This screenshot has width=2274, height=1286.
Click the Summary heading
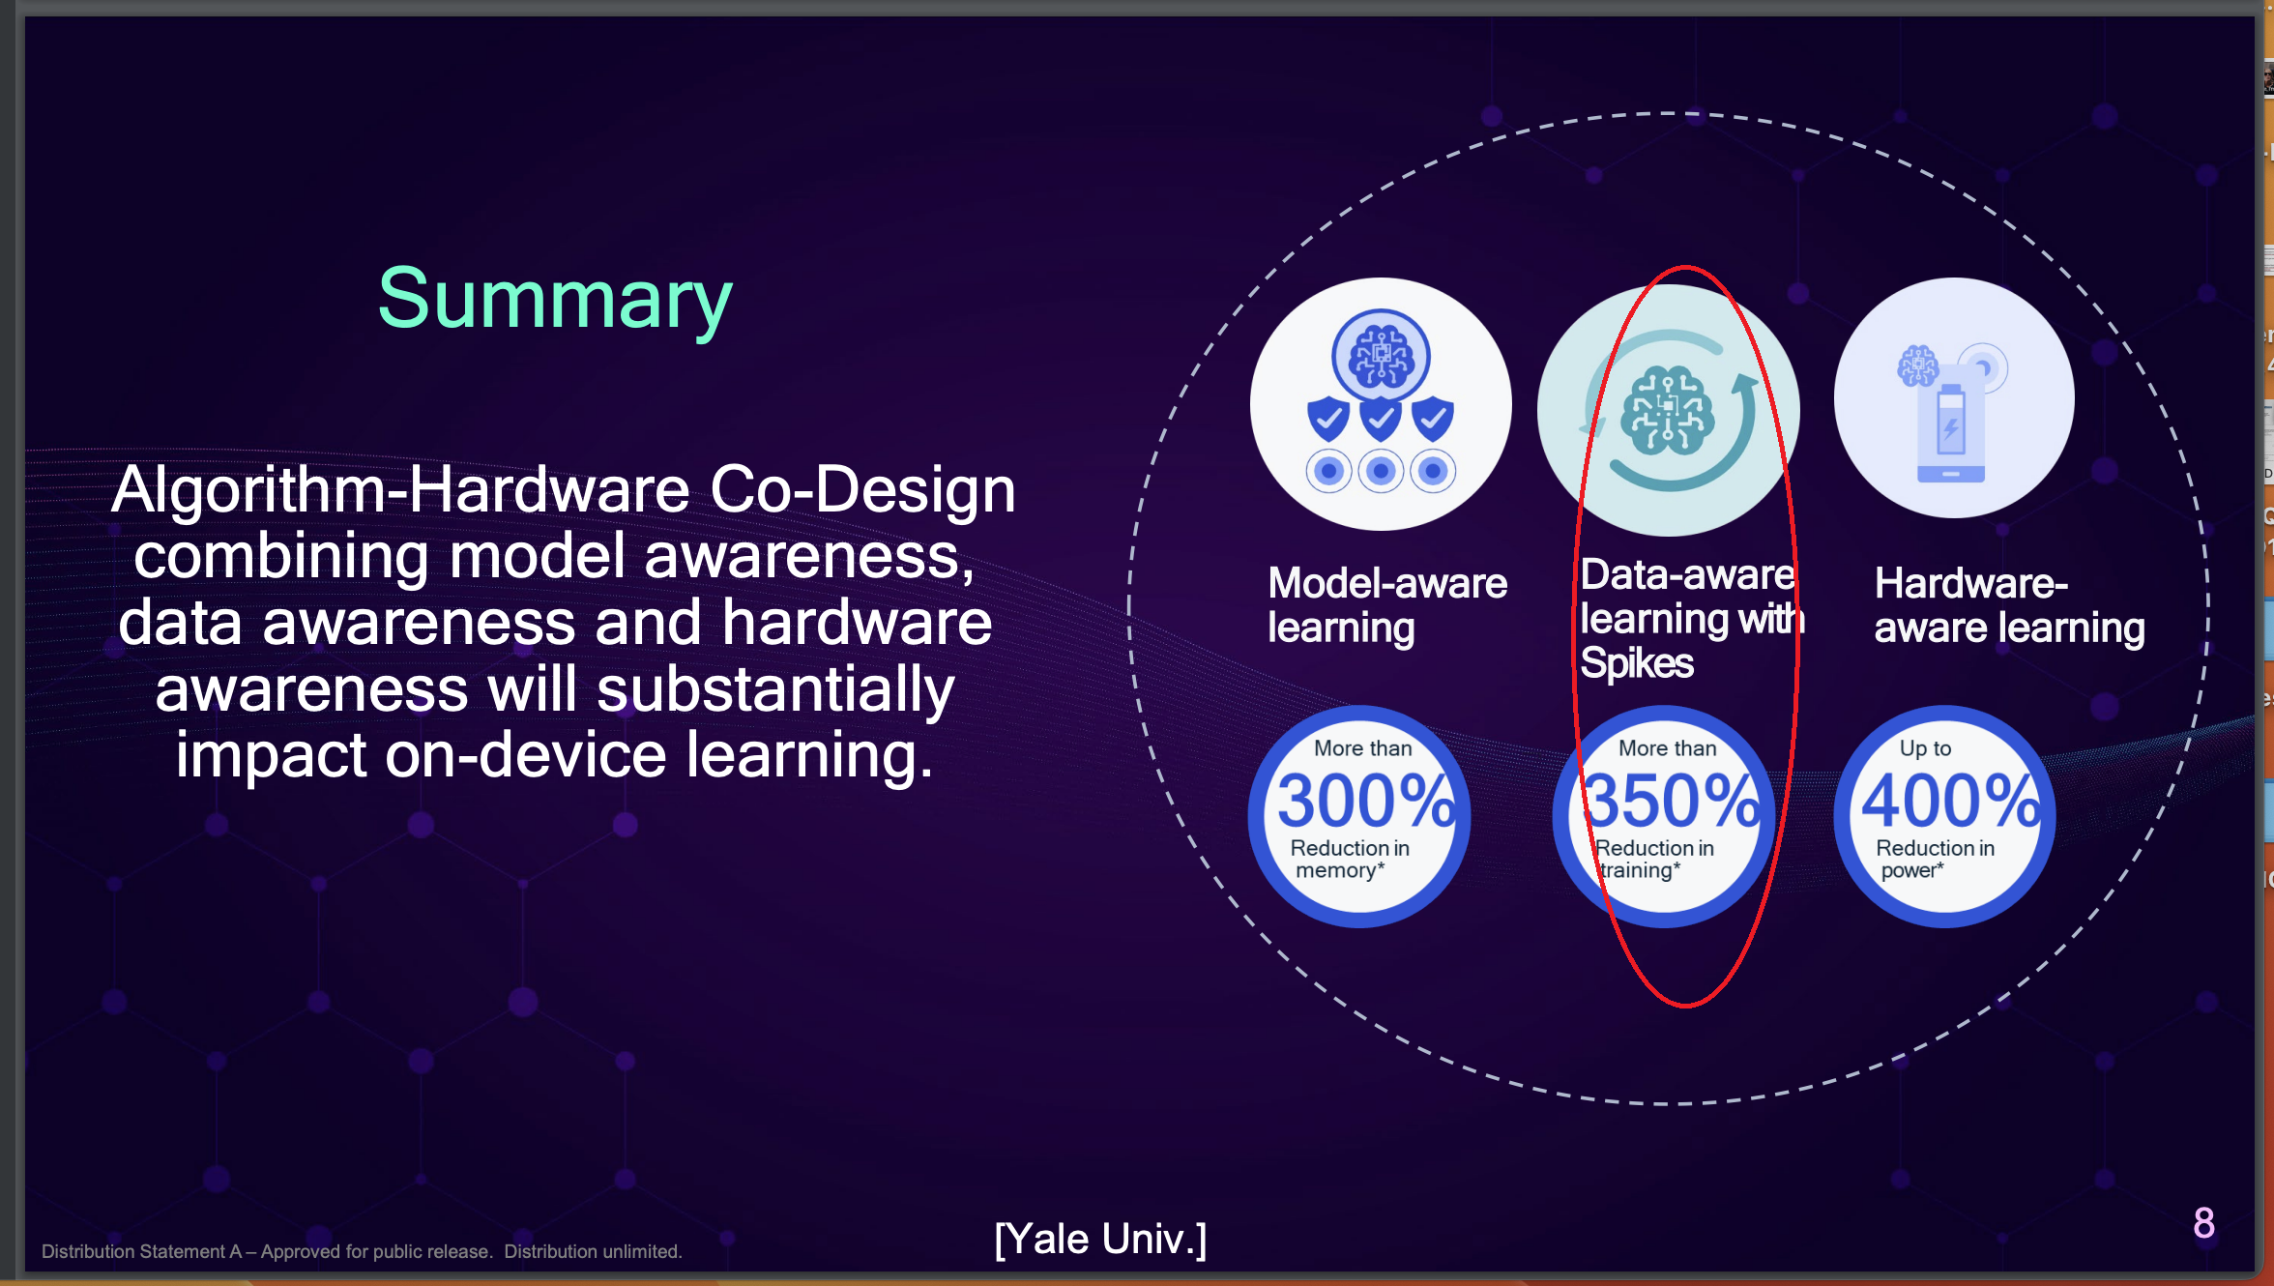click(555, 300)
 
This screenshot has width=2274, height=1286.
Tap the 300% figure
click(1366, 801)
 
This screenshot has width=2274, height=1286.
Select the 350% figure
click(1671, 801)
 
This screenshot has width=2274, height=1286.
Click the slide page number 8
click(2203, 1223)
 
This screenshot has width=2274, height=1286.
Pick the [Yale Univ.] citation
click(1100, 1239)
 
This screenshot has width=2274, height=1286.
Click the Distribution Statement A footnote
click(362, 1251)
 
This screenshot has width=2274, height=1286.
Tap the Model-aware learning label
click(1387, 605)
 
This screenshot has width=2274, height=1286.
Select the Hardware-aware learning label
click(2009, 605)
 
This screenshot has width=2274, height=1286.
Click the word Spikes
click(1637, 663)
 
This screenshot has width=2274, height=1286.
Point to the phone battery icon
click(1951, 431)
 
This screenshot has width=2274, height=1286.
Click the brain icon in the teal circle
click(1669, 410)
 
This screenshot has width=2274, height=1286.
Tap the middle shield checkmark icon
click(1381, 419)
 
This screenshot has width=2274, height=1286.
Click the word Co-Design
click(862, 489)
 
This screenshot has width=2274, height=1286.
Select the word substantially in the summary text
click(775, 690)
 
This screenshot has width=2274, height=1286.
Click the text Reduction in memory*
click(1349, 859)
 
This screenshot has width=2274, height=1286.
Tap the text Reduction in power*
click(1935, 859)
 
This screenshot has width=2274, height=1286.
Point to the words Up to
click(1925, 748)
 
